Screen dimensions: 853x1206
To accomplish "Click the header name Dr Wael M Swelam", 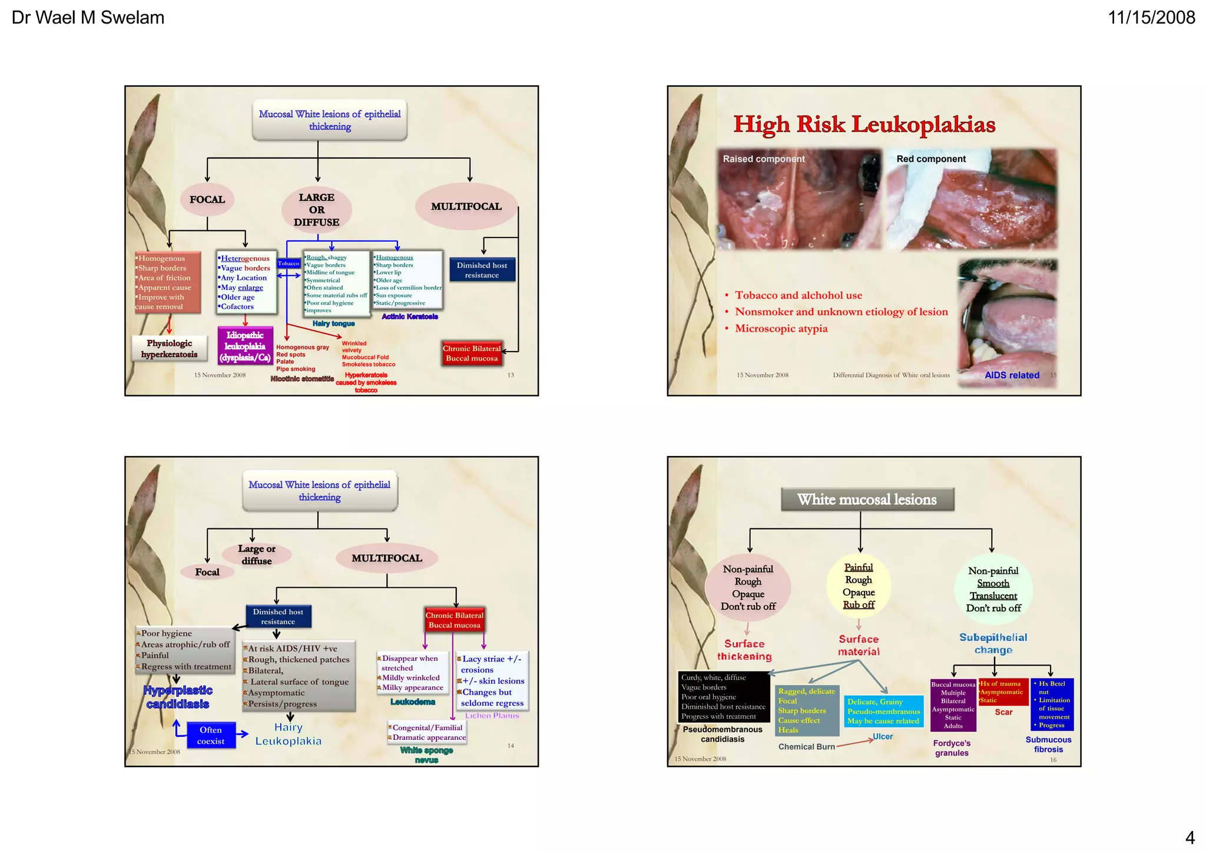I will pyautogui.click(x=88, y=18).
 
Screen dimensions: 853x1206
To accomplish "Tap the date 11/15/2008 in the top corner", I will pyautogui.click(x=1151, y=18).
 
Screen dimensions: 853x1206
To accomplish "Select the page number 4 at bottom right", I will pyautogui.click(x=1190, y=837).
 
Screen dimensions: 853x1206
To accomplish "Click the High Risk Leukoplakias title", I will pyautogui.click(x=864, y=124).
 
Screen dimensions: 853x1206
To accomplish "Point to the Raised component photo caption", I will pyautogui.click(x=763, y=159).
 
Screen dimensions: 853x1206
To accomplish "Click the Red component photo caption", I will pyautogui.click(x=930, y=159).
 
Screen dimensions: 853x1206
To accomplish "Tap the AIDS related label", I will pyautogui.click(x=1012, y=375).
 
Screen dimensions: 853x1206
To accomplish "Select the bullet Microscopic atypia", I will pyautogui.click(x=781, y=329).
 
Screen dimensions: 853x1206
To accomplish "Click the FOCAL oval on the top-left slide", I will pyautogui.click(x=207, y=200).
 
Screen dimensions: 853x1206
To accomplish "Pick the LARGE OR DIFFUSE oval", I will pyautogui.click(x=317, y=210).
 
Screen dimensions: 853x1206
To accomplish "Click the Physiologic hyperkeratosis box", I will pyautogui.click(x=170, y=349).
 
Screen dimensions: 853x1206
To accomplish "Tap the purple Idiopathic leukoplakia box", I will pyautogui.click(x=245, y=346).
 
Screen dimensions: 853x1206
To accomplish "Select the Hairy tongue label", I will pyautogui.click(x=333, y=323).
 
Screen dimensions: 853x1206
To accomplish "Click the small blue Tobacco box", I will pyautogui.click(x=289, y=263).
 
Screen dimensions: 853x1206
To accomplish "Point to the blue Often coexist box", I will pyautogui.click(x=211, y=735).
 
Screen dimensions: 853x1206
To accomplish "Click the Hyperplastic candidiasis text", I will pyautogui.click(x=178, y=697).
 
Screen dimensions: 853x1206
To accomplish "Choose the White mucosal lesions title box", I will pyautogui.click(x=867, y=500).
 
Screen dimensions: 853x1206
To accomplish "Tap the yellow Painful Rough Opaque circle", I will pyautogui.click(x=859, y=586).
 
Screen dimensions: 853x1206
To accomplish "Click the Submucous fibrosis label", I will pyautogui.click(x=1048, y=745).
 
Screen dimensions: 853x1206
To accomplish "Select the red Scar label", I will pyautogui.click(x=1003, y=712).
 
